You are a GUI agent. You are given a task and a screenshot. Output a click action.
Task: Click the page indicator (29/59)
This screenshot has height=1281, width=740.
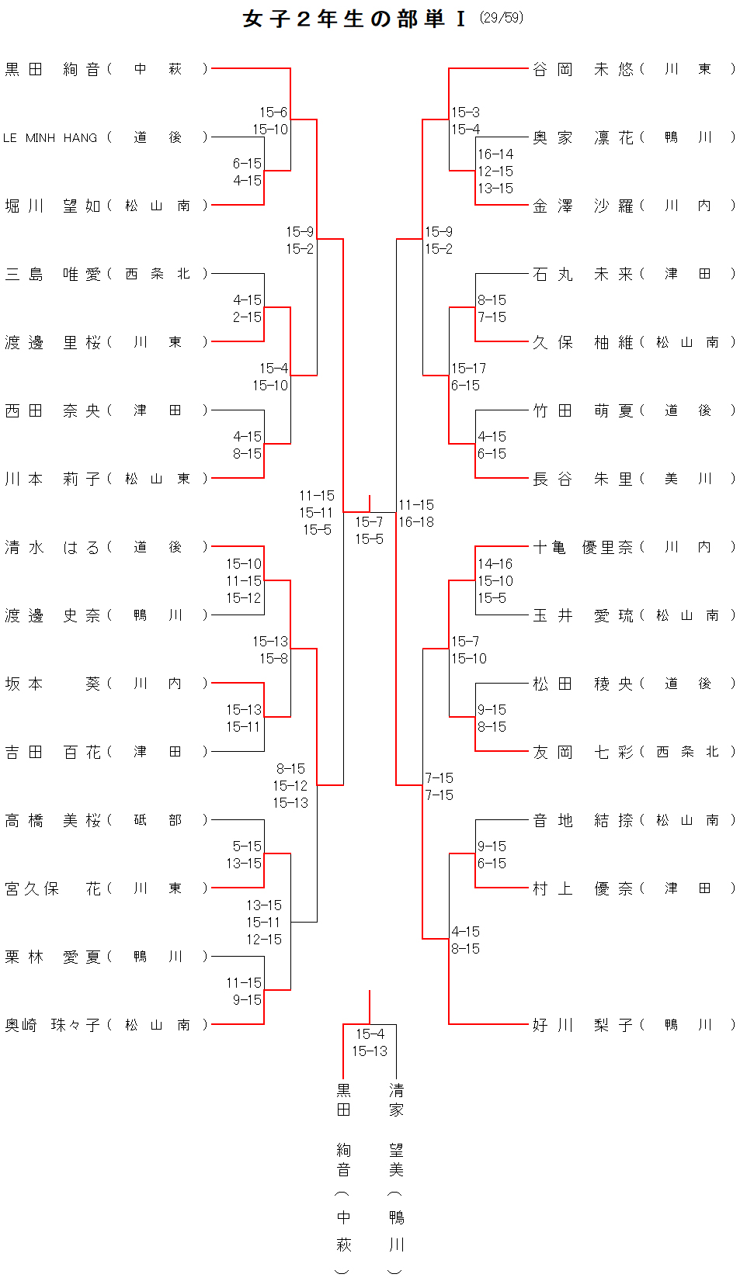click(x=501, y=17)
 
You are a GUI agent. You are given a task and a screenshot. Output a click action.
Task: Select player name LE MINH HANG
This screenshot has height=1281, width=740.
click(x=50, y=137)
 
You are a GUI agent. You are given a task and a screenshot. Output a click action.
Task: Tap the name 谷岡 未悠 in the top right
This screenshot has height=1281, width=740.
click(x=582, y=69)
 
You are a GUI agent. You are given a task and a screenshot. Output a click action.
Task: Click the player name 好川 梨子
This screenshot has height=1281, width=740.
click(x=582, y=1025)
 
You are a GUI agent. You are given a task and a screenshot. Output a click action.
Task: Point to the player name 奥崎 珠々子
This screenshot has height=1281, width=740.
click(x=52, y=1025)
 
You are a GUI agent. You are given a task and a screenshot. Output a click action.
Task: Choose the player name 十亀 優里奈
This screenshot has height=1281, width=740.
click(x=582, y=547)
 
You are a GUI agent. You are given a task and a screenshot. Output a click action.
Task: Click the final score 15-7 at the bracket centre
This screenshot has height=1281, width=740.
click(x=369, y=521)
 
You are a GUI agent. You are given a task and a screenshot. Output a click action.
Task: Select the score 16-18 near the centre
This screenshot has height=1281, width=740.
click(x=416, y=522)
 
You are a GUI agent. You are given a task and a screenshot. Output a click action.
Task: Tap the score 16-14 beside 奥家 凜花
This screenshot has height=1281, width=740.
click(x=495, y=154)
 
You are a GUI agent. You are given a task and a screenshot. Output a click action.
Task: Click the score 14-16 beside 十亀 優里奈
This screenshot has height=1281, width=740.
click(x=495, y=564)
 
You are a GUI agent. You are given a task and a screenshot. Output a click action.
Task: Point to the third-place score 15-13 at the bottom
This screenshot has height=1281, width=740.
click(x=370, y=1051)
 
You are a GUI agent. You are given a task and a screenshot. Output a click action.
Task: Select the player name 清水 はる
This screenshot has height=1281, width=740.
click(x=52, y=547)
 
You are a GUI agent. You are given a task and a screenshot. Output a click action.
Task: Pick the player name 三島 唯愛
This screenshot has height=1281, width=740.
click(x=52, y=274)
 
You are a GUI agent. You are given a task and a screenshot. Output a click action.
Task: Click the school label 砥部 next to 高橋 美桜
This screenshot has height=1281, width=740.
click(x=158, y=820)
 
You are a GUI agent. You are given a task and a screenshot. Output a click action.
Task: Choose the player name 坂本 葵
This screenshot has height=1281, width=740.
click(x=52, y=684)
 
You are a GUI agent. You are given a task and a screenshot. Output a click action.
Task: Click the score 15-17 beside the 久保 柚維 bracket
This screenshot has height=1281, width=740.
click(x=468, y=369)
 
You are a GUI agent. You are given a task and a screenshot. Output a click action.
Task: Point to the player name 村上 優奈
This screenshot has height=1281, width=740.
click(x=582, y=888)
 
